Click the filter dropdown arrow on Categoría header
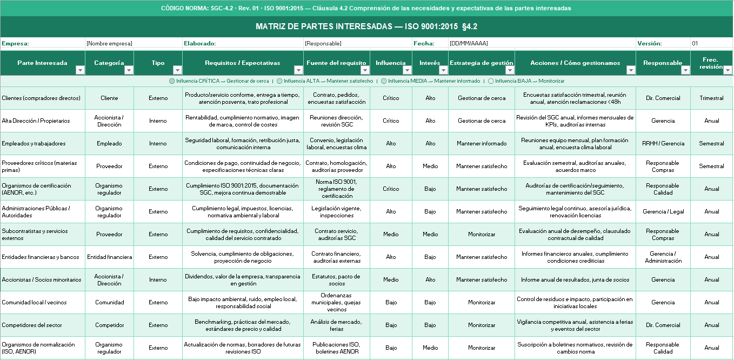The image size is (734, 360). tap(129, 70)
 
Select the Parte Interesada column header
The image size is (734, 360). tap(42, 63)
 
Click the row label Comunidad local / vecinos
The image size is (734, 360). tap(35, 303)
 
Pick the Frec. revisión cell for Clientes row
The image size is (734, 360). tap(711, 98)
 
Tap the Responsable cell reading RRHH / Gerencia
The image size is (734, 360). tap(663, 144)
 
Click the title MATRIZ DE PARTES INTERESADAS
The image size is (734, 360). tap(366, 26)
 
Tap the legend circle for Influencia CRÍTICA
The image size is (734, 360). tap(172, 81)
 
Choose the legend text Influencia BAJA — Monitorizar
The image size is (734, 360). tap(530, 81)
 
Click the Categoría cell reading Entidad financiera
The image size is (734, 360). tap(110, 257)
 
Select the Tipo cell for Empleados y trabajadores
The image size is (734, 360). tap(158, 144)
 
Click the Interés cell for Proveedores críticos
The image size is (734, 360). tap(430, 166)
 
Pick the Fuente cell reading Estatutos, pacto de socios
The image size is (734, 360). tap(337, 280)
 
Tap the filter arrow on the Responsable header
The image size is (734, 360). tap(685, 70)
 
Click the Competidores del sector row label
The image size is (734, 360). tap(32, 325)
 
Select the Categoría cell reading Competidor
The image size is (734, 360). tap(110, 325)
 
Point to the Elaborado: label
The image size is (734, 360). tap(200, 43)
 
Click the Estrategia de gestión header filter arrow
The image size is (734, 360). tap(510, 70)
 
